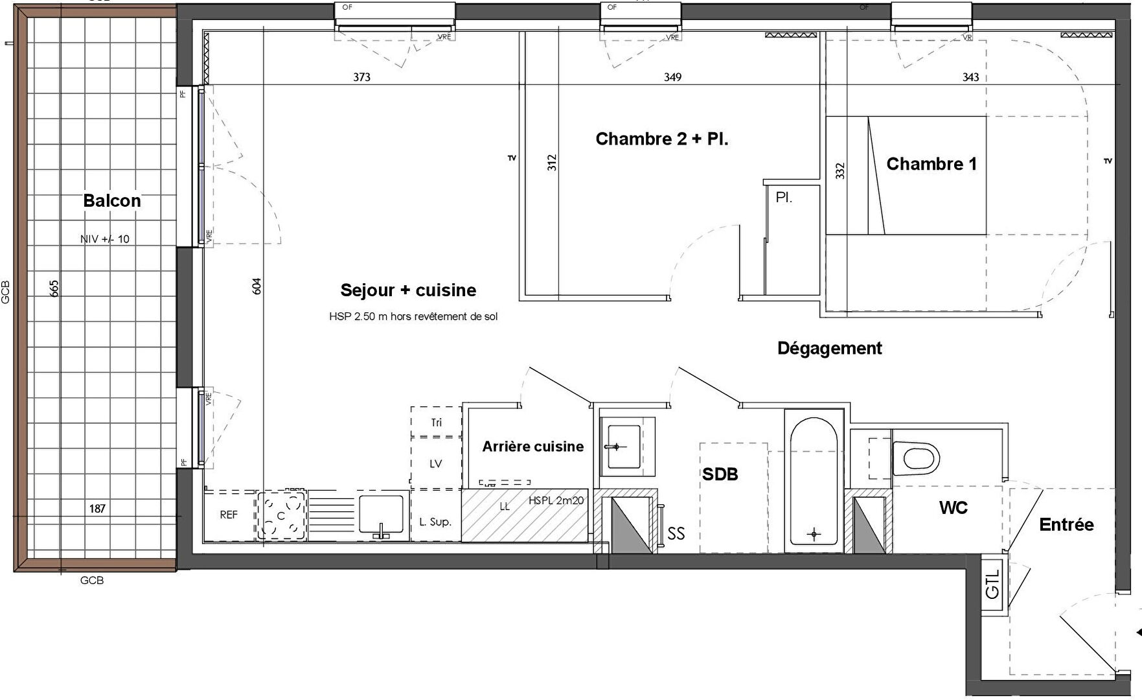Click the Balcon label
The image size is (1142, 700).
coord(112,201)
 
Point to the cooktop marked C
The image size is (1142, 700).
coord(281,515)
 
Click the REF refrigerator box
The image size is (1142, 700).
coord(229,515)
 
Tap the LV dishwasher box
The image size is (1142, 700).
coord(435,463)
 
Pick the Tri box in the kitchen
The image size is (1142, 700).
coord(436,423)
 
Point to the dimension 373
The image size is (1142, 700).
coord(361,77)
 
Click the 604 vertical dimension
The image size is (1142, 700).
coord(257,286)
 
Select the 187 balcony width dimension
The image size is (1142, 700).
coord(97,509)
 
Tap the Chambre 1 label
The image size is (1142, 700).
coord(931,164)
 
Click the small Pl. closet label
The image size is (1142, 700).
coord(784,198)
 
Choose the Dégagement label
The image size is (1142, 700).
coord(829,349)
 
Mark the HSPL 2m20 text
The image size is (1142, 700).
coord(556,500)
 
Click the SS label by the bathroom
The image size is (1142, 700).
coord(676,533)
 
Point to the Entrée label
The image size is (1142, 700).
coord(1066,524)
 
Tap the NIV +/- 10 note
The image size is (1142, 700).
coord(105,239)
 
